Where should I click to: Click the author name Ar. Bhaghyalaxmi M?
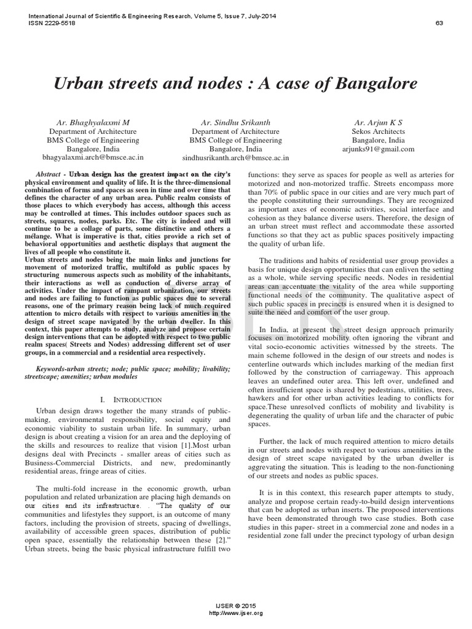pyautogui.click(x=93, y=123)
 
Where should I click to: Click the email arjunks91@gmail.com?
pyautogui.click(x=378, y=149)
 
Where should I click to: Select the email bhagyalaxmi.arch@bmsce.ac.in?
pyautogui.click(x=93, y=158)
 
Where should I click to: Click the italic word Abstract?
pyautogui.click(x=49, y=174)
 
